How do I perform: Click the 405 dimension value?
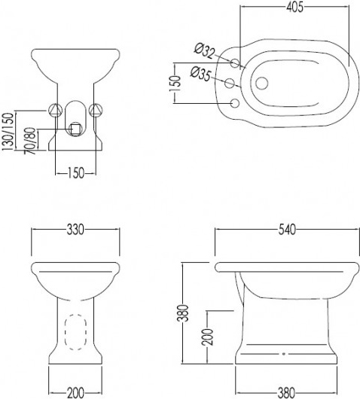294,8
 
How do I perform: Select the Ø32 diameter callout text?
205,52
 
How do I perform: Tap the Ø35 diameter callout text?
200,74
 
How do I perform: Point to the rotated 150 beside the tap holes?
175,84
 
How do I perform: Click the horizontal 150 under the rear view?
75,173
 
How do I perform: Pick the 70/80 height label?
30,141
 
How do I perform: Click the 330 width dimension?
75,230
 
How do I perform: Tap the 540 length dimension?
287,230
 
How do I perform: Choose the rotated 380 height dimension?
183,313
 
